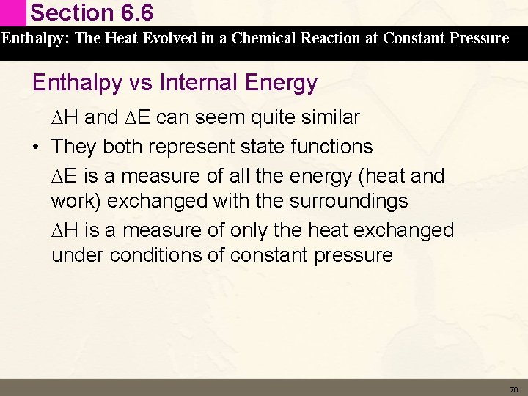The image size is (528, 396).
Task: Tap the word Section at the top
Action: [67, 13]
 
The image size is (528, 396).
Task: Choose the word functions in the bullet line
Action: [332, 147]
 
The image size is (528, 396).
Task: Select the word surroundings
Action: [348, 201]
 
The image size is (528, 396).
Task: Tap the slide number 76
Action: [513, 389]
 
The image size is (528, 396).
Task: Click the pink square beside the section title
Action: [14, 13]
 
